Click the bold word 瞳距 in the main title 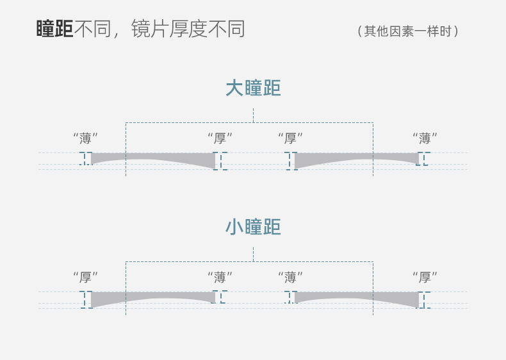pyautogui.click(x=54, y=29)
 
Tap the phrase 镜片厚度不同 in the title pyautogui.click(x=188, y=29)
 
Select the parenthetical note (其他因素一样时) pyautogui.click(x=408, y=31)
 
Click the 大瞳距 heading pyautogui.click(x=253, y=88)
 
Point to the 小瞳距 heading pyautogui.click(x=253, y=227)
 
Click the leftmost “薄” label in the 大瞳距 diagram pyautogui.click(x=85, y=138)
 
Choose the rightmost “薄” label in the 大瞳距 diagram pyautogui.click(x=425, y=138)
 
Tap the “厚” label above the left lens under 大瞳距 pyautogui.click(x=220, y=138)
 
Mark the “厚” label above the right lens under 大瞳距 pyautogui.click(x=290, y=138)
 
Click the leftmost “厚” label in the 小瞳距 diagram pyautogui.click(x=85, y=277)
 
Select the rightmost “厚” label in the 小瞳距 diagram pyautogui.click(x=425, y=277)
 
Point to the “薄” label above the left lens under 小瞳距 pyautogui.click(x=220, y=277)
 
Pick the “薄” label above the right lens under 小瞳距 pyautogui.click(x=290, y=277)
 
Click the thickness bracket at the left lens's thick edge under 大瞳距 pyautogui.click(x=220, y=161)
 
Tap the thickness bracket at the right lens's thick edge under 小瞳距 pyautogui.click(x=424, y=300)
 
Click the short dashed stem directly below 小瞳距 pyautogui.click(x=253, y=254)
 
